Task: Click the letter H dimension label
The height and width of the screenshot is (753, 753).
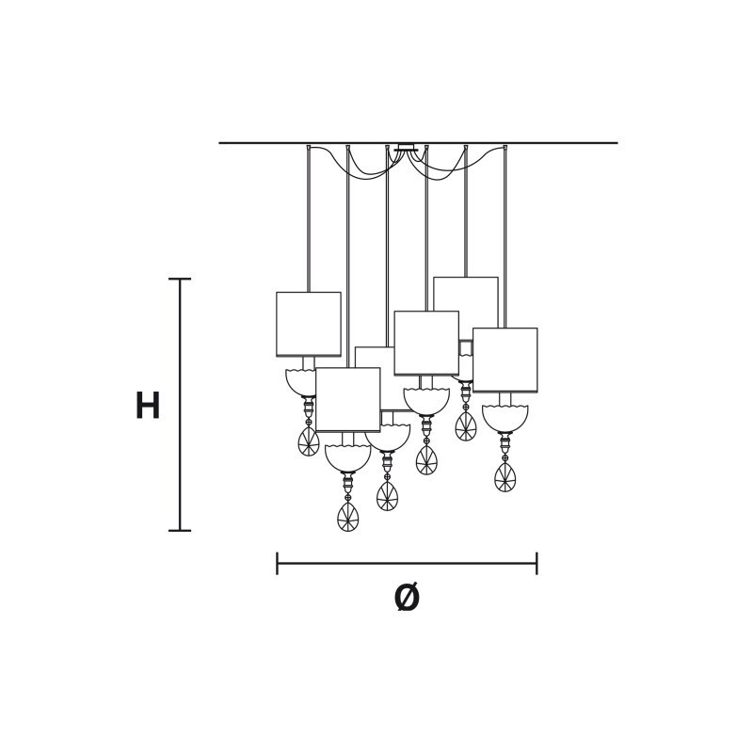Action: tap(148, 406)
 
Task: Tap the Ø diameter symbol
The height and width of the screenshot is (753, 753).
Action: tap(407, 598)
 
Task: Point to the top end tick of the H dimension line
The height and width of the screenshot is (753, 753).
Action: tap(180, 279)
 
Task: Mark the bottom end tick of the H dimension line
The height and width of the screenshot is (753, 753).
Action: tap(180, 531)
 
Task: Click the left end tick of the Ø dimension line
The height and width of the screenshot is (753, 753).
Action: tap(277, 563)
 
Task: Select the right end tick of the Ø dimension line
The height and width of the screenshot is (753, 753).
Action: tap(537, 563)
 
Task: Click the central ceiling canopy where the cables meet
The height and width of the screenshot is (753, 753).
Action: tap(406, 147)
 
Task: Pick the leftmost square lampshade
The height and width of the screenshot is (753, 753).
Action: tap(309, 324)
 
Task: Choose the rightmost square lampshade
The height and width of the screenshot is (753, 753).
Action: tap(505, 360)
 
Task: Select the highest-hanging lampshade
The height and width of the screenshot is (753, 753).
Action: tap(466, 294)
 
